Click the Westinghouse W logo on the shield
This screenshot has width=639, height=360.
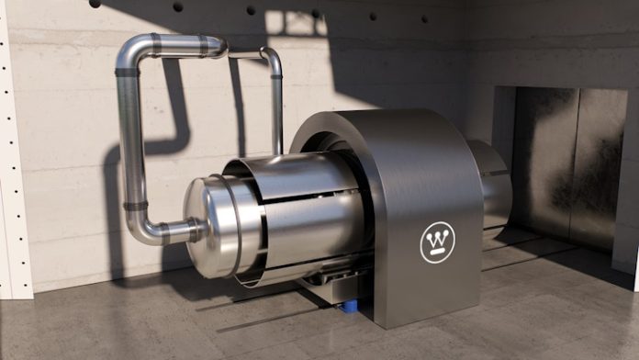[437, 242]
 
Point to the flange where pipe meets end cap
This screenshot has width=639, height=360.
[194, 230]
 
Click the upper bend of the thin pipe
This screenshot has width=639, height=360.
[271, 57]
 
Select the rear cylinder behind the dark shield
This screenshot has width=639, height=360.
[493, 188]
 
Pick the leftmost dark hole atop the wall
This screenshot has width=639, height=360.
[95, 4]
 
